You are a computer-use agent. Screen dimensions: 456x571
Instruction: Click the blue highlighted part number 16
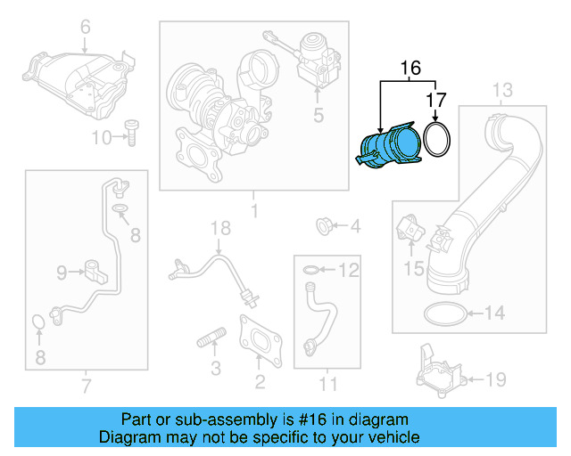click(x=390, y=147)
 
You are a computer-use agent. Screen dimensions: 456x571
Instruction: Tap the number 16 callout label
click(x=410, y=69)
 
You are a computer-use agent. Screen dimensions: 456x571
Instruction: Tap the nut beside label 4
click(x=326, y=226)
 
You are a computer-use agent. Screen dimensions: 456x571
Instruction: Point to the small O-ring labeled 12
click(x=309, y=269)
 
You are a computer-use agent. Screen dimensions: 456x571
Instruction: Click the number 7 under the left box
click(x=86, y=386)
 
